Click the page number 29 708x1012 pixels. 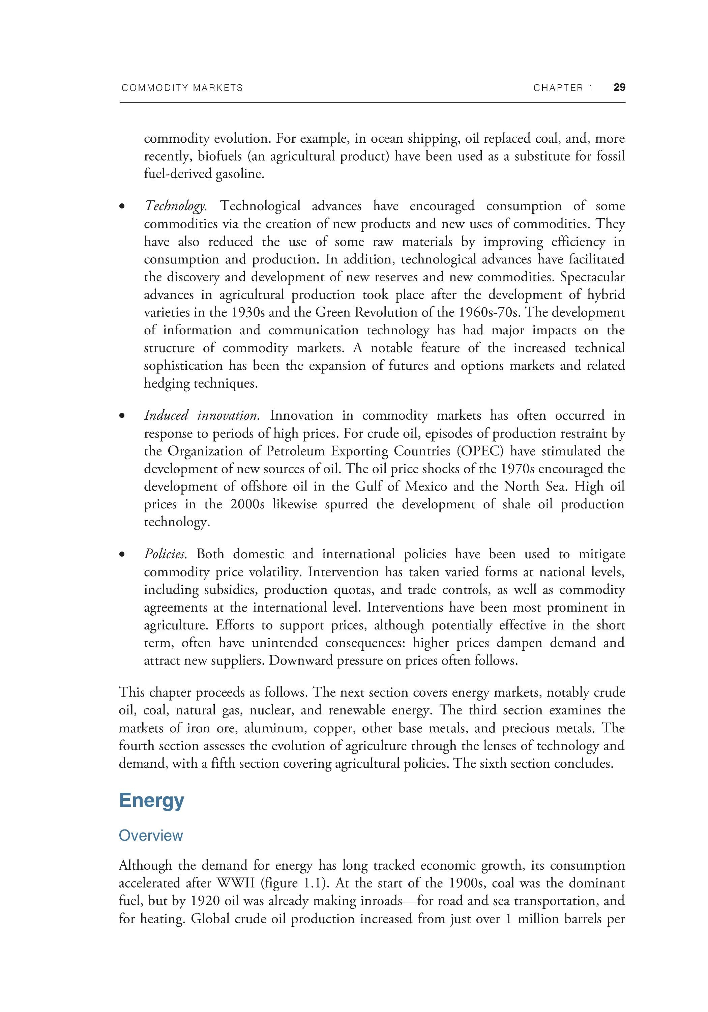pyautogui.click(x=619, y=87)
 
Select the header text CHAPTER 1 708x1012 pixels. pyautogui.click(x=563, y=88)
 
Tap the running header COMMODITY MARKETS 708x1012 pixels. pyautogui.click(x=182, y=88)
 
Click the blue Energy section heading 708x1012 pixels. pyautogui.click(x=152, y=800)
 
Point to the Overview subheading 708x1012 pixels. pyautogui.click(x=151, y=835)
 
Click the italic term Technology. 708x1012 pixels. pyautogui.click(x=175, y=206)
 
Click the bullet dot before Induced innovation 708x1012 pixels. pyautogui.click(x=122, y=416)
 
